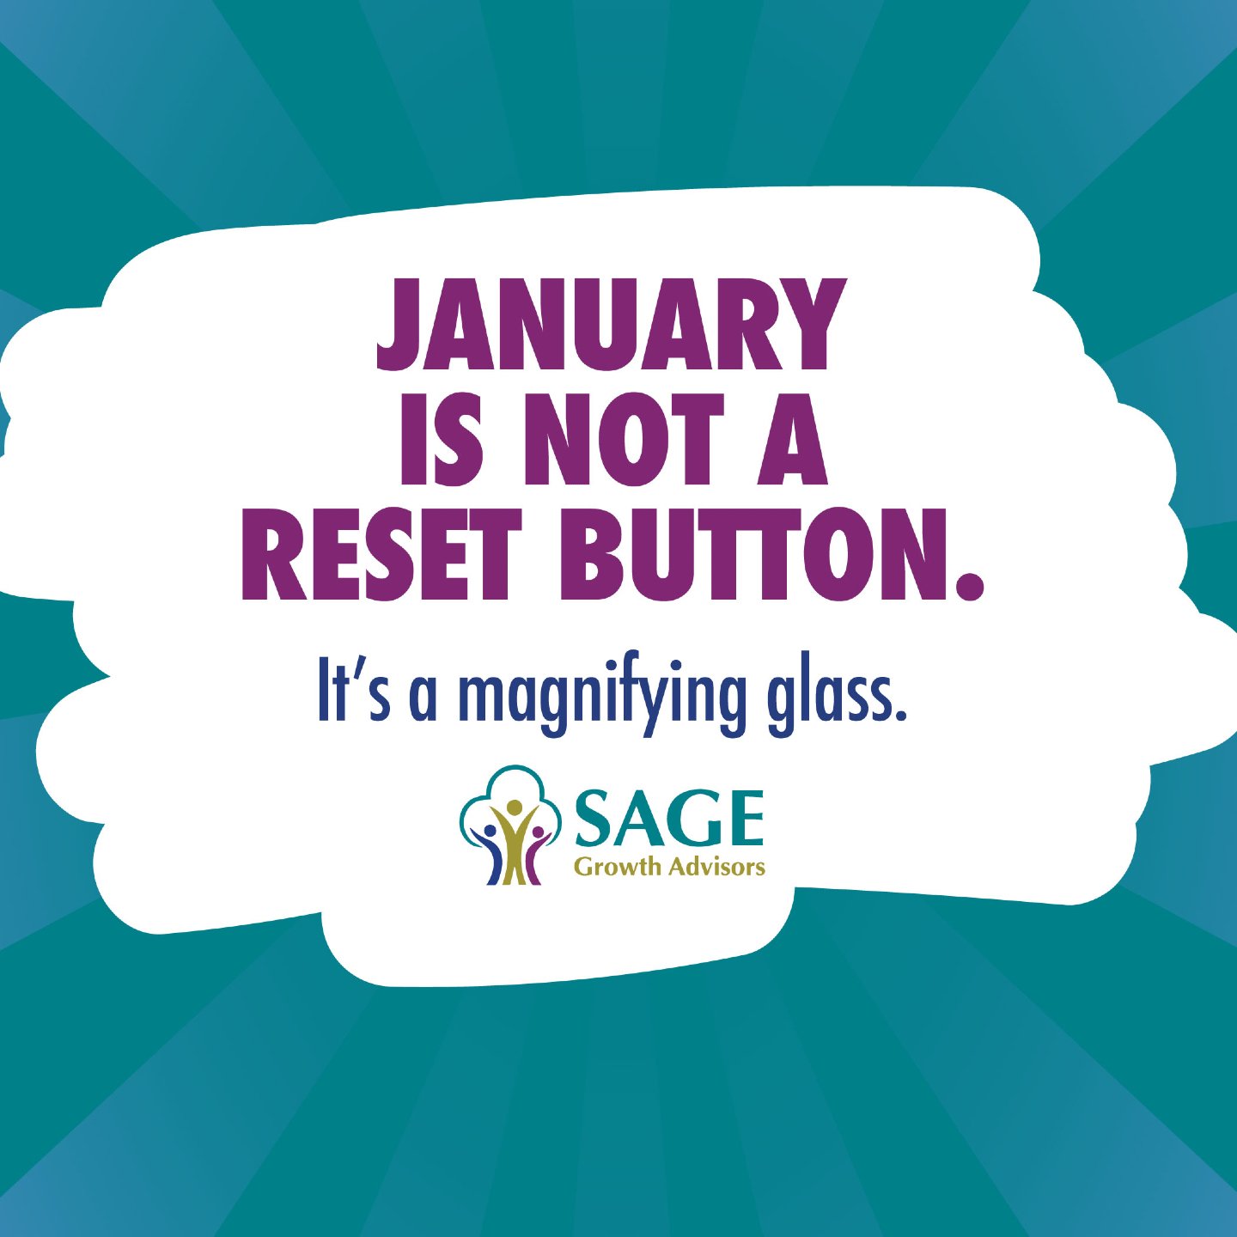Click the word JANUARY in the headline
pos(612,325)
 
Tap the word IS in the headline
pos(441,441)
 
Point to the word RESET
pos(381,555)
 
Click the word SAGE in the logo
pos(669,819)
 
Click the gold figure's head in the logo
pos(515,808)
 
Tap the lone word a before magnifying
pos(423,698)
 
